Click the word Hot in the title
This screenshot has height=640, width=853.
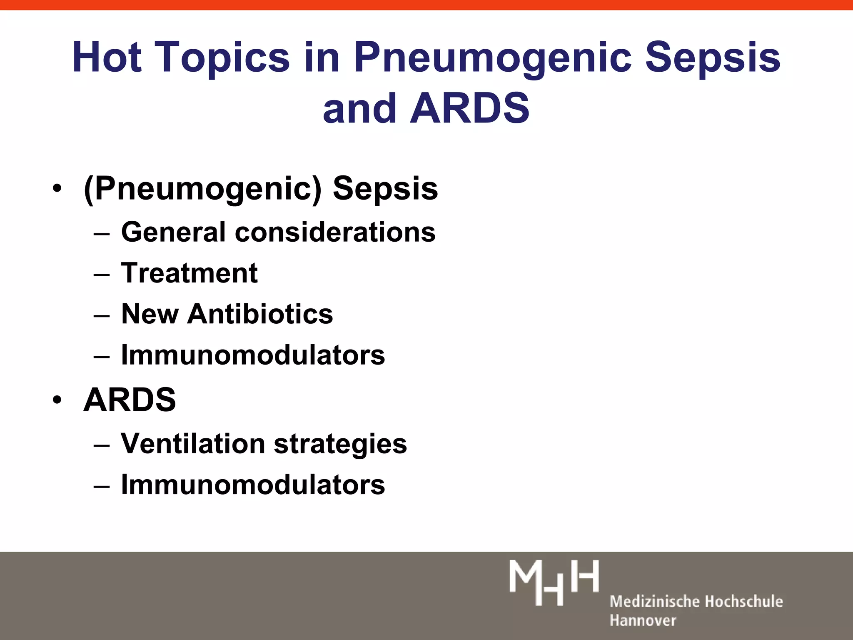107,57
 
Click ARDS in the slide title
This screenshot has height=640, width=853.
470,108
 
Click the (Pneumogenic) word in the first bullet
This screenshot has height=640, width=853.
202,189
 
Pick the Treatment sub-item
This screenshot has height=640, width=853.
189,273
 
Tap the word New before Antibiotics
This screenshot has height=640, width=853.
150,314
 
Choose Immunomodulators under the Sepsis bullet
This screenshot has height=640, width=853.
253,355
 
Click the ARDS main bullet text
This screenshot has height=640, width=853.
130,400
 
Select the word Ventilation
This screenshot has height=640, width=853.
192,443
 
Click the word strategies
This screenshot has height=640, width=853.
340,443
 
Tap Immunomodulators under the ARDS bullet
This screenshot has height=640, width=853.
253,485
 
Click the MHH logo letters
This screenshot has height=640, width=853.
554,582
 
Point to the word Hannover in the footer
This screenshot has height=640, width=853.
643,620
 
